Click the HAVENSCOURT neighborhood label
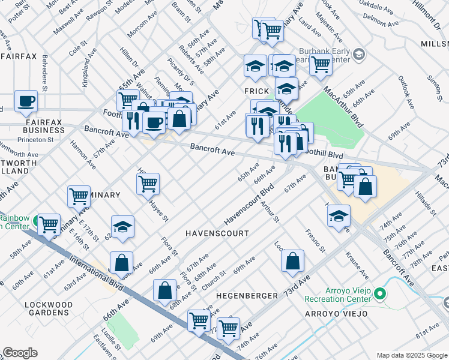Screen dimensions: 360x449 tap(217, 233)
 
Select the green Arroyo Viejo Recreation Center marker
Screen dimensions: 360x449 tap(379, 295)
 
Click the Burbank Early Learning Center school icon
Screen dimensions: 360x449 tap(359, 55)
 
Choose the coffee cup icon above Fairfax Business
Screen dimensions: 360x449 tap(26, 102)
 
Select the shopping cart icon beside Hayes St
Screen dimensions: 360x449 tap(148, 184)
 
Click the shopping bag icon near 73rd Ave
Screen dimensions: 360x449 tap(292, 260)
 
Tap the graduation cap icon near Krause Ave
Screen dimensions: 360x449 tap(339, 215)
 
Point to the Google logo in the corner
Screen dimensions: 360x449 tap(20, 353)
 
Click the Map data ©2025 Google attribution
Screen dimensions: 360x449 tap(411, 355)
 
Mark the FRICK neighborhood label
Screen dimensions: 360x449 tap(255, 91)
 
